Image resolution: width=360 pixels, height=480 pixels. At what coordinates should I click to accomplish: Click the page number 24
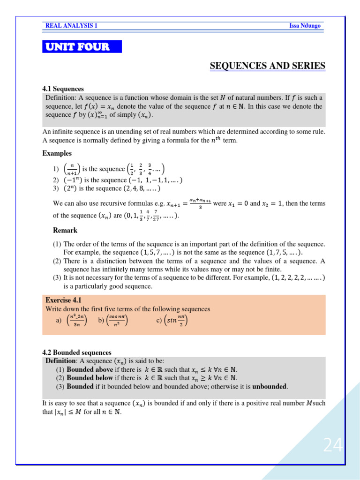(333, 445)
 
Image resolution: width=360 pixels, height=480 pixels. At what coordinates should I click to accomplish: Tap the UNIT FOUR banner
(82, 47)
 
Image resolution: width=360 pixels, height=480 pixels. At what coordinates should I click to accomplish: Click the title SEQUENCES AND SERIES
(267, 66)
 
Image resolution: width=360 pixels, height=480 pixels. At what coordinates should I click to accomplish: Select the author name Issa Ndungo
(305, 26)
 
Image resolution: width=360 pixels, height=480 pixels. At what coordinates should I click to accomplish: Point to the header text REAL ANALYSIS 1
(71, 26)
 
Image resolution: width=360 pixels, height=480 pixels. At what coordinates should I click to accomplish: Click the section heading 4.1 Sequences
(63, 89)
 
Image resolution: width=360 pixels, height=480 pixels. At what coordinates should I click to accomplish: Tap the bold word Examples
(57, 153)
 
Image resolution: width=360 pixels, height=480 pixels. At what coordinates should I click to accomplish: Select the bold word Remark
(65, 231)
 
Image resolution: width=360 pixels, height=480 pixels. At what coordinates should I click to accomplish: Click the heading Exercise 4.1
(64, 300)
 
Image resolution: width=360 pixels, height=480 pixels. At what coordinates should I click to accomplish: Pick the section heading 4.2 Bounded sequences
(77, 352)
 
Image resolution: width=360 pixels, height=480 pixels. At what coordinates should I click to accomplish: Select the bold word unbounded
(270, 387)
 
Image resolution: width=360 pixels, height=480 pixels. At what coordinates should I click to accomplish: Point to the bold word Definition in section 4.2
(60, 361)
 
